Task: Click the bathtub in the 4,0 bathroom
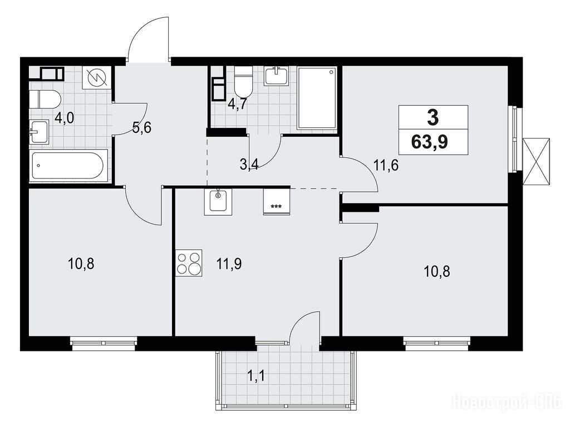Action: tap(69, 165)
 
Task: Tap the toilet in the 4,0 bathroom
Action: tap(45, 99)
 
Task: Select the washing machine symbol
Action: tap(96, 78)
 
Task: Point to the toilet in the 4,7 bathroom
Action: tap(243, 81)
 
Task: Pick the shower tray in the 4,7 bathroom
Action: tap(317, 98)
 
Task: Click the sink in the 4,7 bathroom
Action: tap(276, 76)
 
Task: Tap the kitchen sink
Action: tap(218, 202)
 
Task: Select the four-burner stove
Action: tap(189, 262)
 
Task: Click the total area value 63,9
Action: tap(429, 142)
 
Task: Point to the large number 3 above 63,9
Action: tap(433, 117)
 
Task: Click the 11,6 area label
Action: tap(386, 165)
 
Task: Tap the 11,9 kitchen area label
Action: tap(229, 264)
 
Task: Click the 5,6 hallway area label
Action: tap(142, 128)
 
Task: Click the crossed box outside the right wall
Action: tap(536, 162)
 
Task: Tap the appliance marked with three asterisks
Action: tap(276, 202)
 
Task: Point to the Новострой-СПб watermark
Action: tap(508, 403)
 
